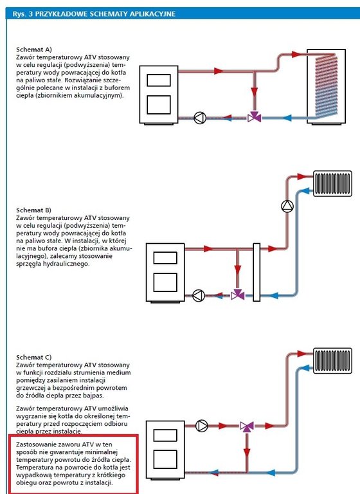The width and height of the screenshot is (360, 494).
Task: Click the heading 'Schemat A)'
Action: (34, 50)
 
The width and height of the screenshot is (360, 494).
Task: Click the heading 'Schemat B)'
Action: (33, 210)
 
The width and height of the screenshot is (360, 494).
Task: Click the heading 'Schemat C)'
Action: (33, 357)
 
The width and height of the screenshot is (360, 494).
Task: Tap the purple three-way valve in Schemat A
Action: (255, 118)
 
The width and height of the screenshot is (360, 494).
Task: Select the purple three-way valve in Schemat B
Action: (238, 295)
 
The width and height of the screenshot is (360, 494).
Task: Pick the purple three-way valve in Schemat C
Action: (247, 427)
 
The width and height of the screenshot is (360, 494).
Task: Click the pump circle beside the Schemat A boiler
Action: (200, 118)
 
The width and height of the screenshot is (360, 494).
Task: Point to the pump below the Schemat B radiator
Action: (287, 206)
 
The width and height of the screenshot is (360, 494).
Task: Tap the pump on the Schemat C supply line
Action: (202, 426)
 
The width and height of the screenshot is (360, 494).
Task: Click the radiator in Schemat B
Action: (332, 183)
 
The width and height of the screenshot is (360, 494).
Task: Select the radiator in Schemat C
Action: (332, 361)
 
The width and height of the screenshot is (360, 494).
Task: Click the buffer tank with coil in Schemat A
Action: (327, 87)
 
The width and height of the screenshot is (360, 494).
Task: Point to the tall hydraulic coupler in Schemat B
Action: (256, 272)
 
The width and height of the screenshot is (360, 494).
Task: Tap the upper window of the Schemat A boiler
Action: (159, 80)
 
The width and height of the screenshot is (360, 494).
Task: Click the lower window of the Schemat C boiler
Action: (165, 459)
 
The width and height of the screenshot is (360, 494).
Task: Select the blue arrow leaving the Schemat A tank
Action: (286, 118)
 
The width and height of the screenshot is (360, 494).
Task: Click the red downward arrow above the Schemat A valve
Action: (255, 92)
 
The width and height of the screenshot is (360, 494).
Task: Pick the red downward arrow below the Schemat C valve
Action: (247, 453)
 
